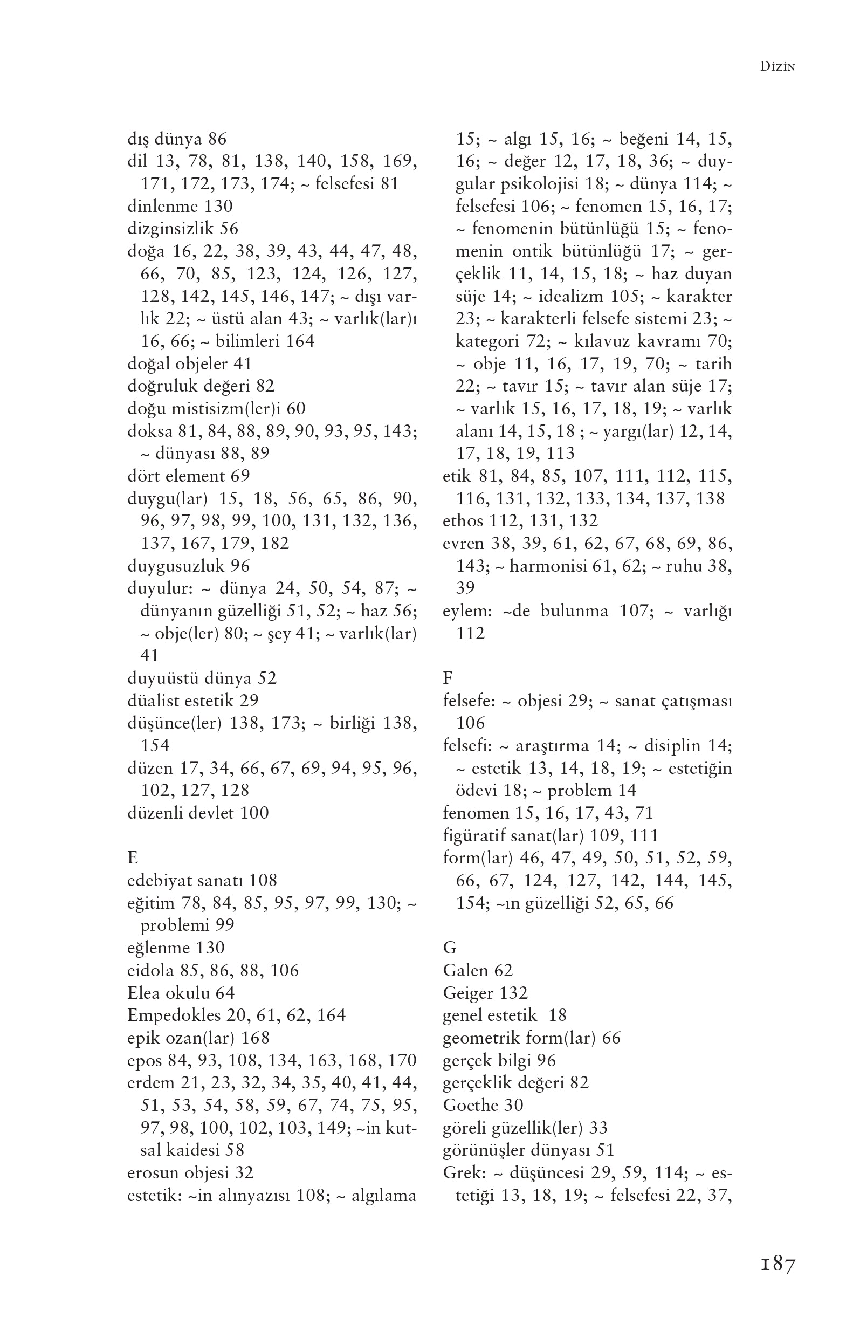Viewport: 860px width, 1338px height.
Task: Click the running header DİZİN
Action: click(778, 66)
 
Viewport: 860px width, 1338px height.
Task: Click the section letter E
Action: click(132, 857)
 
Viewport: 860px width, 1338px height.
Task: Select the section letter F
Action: click(448, 678)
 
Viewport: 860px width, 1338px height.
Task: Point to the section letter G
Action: click(449, 948)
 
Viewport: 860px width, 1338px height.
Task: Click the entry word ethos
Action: click(463, 520)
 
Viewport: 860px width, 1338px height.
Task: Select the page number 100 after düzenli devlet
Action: click(254, 813)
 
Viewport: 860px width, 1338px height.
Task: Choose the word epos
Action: click(145, 1060)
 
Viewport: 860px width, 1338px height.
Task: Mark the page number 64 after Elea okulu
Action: click(225, 992)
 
